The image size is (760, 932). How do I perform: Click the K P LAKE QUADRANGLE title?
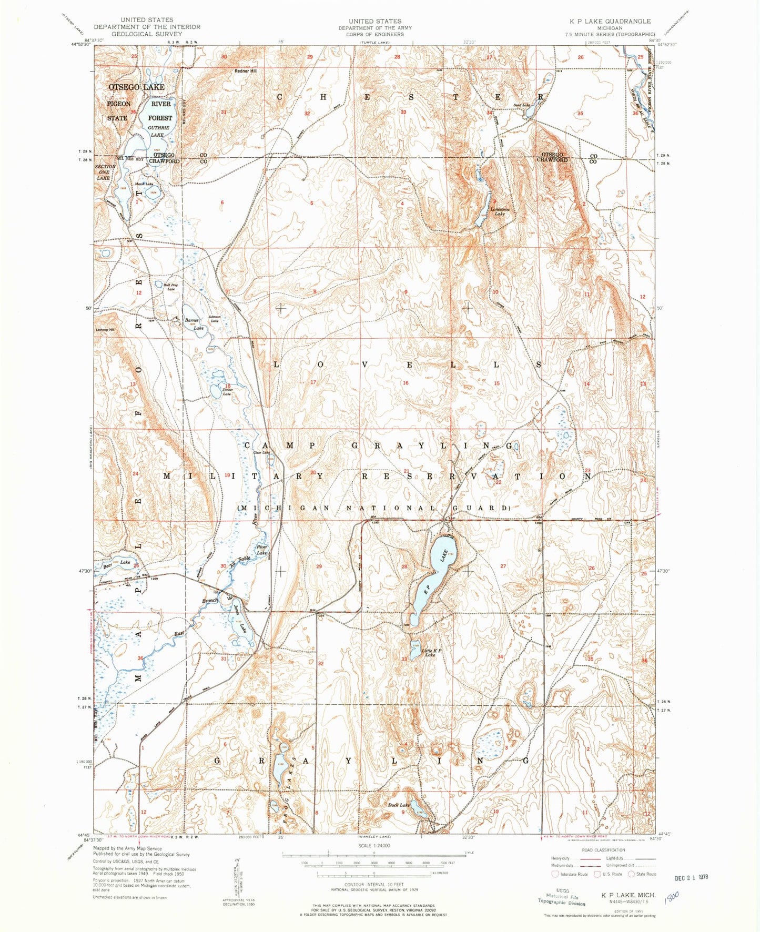coord(610,21)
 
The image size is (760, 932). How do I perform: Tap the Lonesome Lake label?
coord(500,211)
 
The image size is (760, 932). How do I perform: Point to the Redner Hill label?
coord(246,71)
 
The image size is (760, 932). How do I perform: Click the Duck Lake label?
coord(398,805)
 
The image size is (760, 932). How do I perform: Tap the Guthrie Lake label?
coord(158,131)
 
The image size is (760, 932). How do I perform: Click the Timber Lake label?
coord(227,392)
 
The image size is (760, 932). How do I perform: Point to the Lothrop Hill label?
coord(105,330)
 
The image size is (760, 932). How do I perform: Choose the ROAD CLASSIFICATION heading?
coord(603,850)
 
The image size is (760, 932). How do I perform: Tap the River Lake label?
coord(262,550)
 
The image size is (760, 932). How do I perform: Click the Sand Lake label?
coord(521,106)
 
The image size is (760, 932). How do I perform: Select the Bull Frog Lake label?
coord(169,287)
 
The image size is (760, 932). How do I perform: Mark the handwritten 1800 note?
coord(671,896)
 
